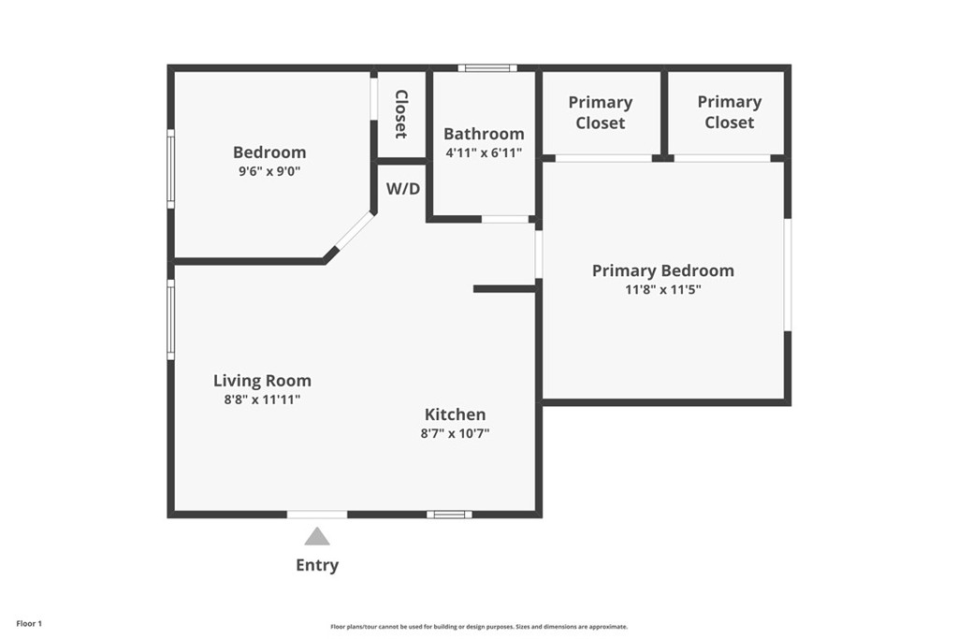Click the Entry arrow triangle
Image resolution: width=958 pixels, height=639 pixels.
(x=317, y=537)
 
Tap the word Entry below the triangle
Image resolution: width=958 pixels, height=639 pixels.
(x=317, y=565)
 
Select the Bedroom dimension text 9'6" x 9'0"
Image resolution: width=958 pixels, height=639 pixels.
(x=269, y=171)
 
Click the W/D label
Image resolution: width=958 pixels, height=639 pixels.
(x=403, y=188)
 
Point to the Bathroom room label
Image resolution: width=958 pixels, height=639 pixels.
(x=484, y=134)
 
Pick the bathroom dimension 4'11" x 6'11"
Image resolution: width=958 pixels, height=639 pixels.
(x=484, y=152)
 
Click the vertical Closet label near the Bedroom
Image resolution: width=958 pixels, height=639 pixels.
(x=401, y=113)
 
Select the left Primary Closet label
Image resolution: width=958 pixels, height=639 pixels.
(x=601, y=112)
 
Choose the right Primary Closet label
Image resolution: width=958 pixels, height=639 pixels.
(x=729, y=111)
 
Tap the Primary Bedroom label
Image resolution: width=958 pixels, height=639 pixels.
(x=662, y=270)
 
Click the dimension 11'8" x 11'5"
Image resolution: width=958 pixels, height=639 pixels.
(x=662, y=290)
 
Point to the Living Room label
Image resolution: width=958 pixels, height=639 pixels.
(x=262, y=381)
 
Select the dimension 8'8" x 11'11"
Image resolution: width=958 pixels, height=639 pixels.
(x=262, y=399)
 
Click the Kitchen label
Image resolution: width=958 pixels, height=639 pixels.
(x=455, y=414)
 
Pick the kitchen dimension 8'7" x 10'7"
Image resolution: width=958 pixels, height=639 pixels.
(x=455, y=433)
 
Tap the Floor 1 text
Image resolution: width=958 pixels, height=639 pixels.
(x=29, y=623)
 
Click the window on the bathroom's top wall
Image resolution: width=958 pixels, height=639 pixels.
(x=487, y=68)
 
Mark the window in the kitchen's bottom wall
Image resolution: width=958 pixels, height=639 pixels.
(x=449, y=514)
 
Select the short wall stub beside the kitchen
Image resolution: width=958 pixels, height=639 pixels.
(x=504, y=289)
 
